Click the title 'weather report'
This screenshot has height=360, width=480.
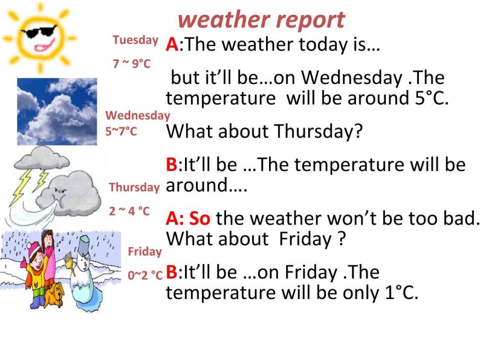[x=262, y=20]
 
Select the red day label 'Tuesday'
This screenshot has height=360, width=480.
[x=135, y=40]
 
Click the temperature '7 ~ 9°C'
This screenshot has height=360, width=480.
[x=132, y=63]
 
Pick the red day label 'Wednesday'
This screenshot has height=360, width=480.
[x=138, y=115]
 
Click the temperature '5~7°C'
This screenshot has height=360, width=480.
[x=122, y=130]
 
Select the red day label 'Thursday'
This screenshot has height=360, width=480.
[x=134, y=187]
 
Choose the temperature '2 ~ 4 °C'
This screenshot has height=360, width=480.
[x=129, y=211]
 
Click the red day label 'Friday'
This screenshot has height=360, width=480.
[x=145, y=251]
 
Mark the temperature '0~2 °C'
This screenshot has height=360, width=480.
[x=145, y=274]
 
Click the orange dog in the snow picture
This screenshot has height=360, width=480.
[x=56, y=295]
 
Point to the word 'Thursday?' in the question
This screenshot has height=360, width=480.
[x=318, y=131]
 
